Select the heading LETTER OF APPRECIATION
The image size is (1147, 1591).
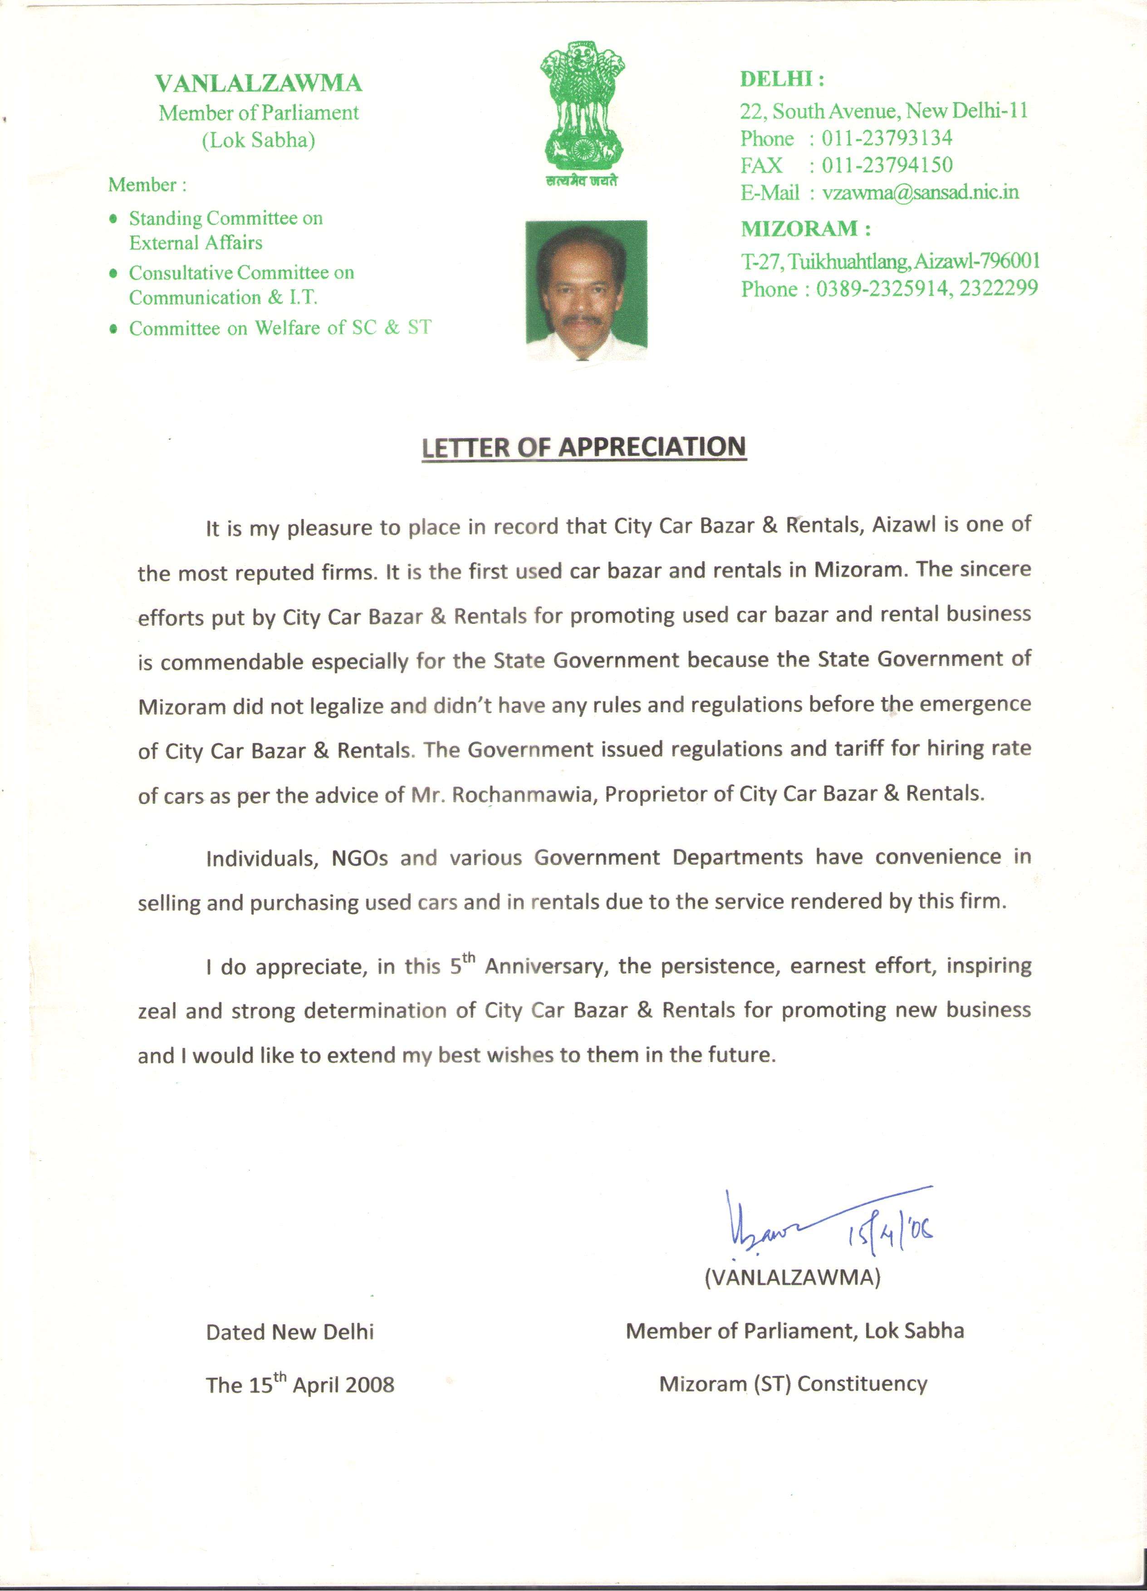pyautogui.click(x=583, y=448)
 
